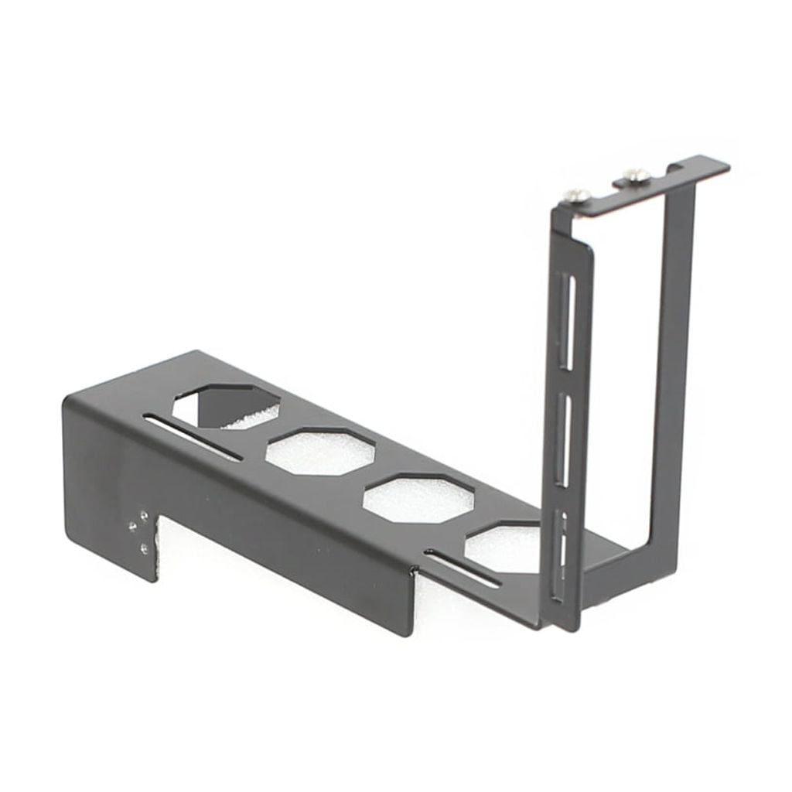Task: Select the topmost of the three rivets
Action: tap(145, 513)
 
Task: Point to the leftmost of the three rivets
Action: tap(132, 526)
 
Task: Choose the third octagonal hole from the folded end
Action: tap(418, 499)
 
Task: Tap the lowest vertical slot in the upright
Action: tap(562, 553)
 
